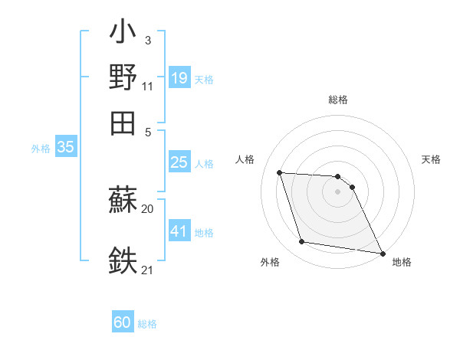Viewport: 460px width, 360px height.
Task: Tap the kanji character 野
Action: pos(123,77)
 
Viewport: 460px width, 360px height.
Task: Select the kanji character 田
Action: pos(123,123)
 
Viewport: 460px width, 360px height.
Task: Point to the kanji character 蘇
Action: pos(123,201)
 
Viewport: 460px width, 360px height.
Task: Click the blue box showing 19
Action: pos(179,77)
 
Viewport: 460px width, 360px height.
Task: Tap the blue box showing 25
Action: pos(179,162)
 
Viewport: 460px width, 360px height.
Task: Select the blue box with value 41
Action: pos(179,231)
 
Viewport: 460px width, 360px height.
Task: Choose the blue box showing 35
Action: pos(66,148)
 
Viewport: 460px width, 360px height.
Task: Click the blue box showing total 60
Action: pos(123,322)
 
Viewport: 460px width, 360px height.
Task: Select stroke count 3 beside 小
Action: pos(147,40)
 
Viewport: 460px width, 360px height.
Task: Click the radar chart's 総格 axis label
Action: pos(338,100)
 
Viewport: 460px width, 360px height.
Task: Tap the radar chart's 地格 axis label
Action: pos(402,262)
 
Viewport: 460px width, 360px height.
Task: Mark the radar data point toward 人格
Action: pos(281,172)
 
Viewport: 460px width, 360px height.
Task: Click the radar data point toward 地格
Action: pos(381,253)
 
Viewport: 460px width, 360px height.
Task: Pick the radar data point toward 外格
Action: pos(302,242)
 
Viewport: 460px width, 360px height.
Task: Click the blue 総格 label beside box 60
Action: pos(147,324)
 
